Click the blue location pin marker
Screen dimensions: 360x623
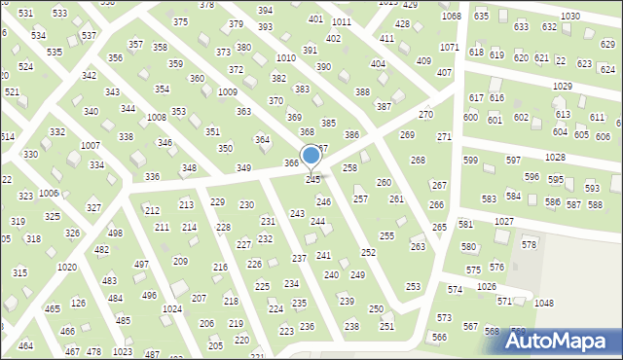coord(311,157)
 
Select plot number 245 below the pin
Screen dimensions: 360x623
coord(312,180)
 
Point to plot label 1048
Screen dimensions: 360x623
coord(543,304)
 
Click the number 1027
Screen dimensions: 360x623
coord(503,222)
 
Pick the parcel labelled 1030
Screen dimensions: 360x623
coord(570,17)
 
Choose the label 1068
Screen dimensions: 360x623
coord(451,17)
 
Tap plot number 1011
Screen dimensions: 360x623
coord(341,21)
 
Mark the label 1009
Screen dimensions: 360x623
coord(228,91)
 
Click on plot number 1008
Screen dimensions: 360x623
coord(156,117)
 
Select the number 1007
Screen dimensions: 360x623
coord(91,145)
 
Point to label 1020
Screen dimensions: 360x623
coord(67,267)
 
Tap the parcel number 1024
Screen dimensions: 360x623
coord(172,308)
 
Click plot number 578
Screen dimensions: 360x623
coord(529,244)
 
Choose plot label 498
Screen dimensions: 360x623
coord(115,234)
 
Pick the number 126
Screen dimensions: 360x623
coord(78,304)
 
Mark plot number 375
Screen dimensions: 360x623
coord(180,21)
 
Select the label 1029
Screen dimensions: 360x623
coord(562,87)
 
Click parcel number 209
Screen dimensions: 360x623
coord(180,261)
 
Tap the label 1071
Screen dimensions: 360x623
coord(449,47)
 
